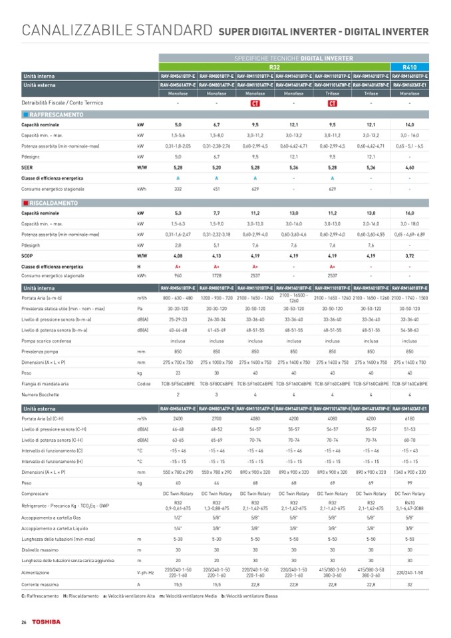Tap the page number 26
(x=23, y=621)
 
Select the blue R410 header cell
(x=410, y=67)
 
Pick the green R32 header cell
(x=275, y=67)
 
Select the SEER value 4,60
(x=410, y=168)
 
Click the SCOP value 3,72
(x=410, y=255)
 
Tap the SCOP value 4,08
(x=178, y=255)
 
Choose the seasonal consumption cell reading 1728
(x=216, y=275)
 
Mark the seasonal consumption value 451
(x=216, y=189)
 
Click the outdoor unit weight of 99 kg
(x=410, y=481)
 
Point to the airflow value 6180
(x=410, y=418)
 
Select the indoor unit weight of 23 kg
(x=178, y=373)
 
